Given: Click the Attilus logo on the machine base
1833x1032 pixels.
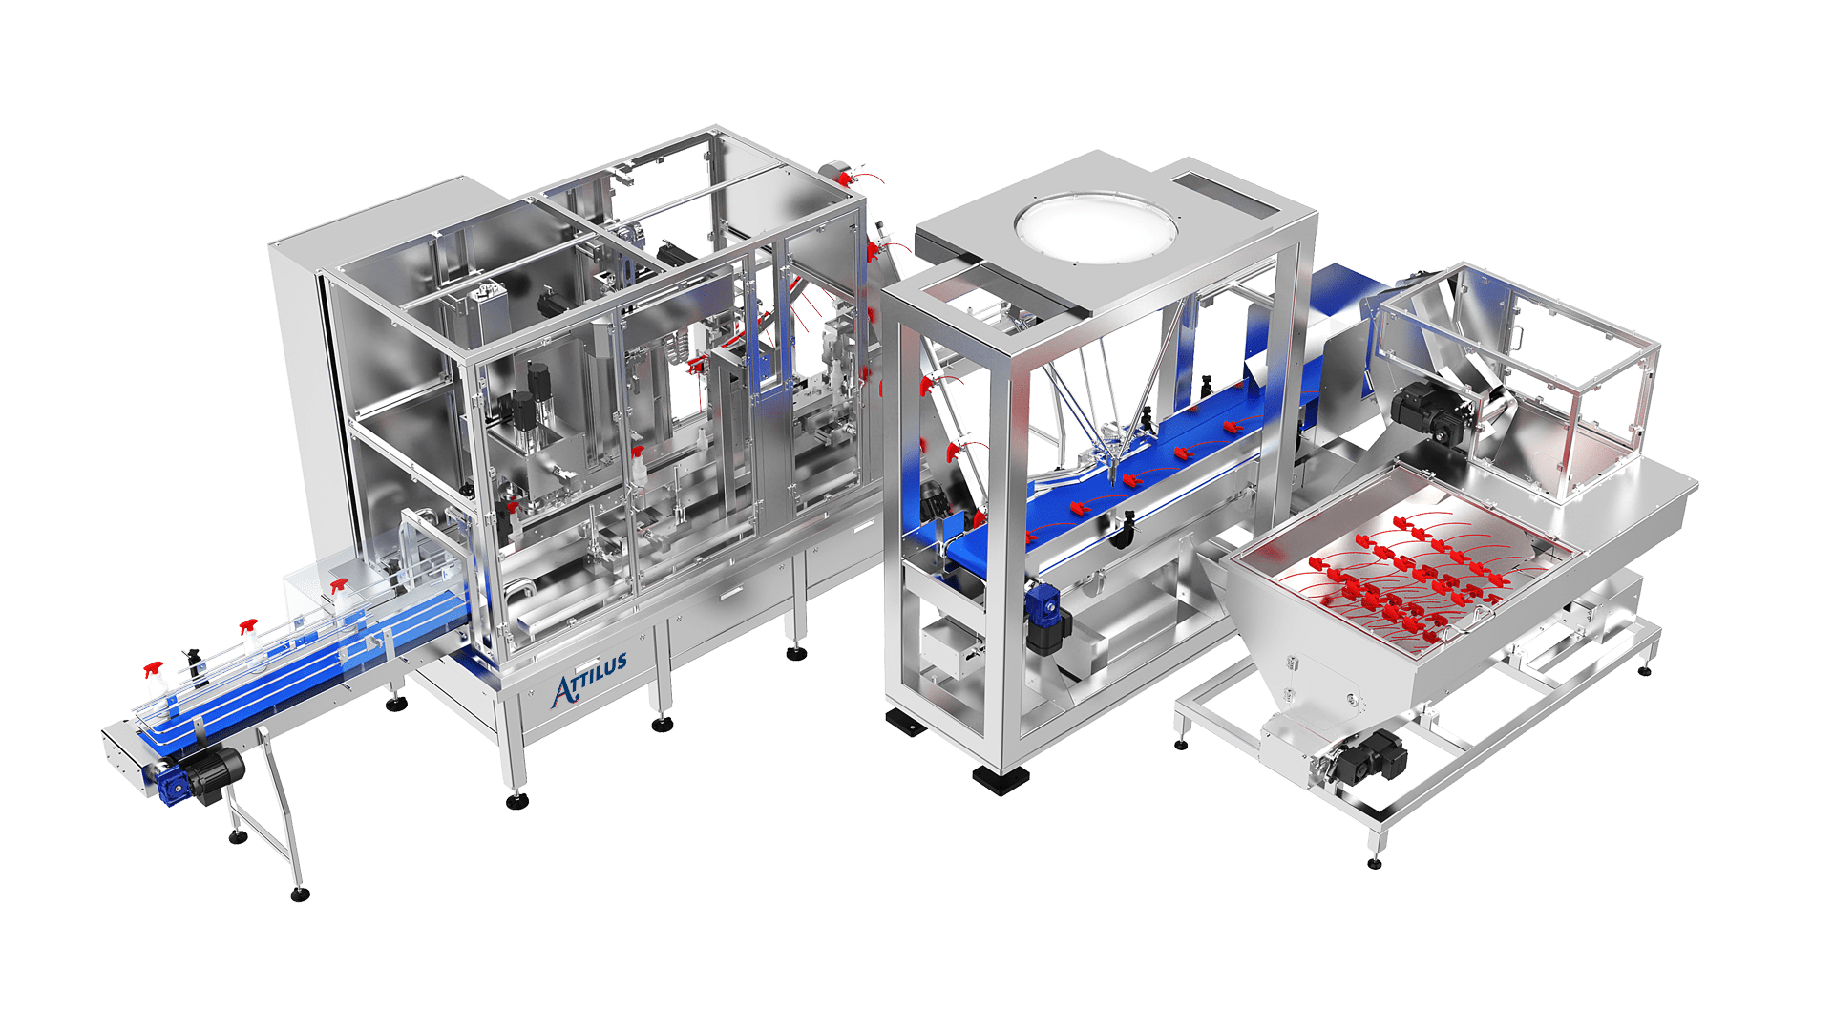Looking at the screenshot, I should tap(590, 678).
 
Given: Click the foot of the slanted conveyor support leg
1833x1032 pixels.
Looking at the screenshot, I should tap(300, 895).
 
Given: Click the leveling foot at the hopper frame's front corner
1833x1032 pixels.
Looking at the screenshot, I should tap(1374, 863).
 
